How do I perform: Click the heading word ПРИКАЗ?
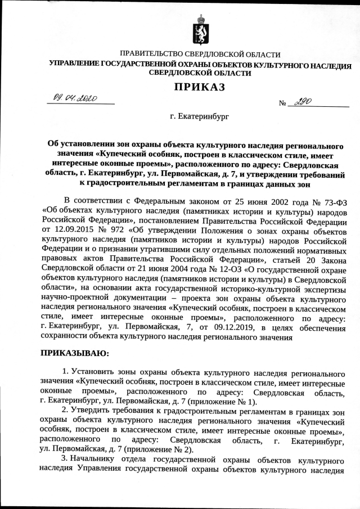click(195, 87)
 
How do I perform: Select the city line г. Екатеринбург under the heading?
click(195, 117)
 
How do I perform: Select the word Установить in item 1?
click(93, 372)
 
